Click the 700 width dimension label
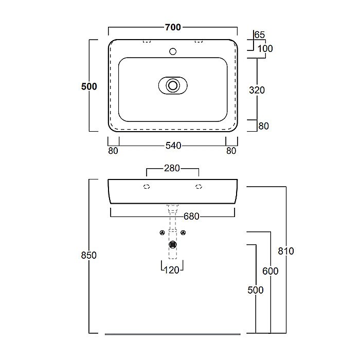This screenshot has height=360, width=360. (x=173, y=27)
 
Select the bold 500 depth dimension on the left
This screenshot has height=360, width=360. (x=89, y=86)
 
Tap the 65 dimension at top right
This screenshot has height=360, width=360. (x=260, y=35)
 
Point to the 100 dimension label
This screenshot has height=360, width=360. (x=265, y=49)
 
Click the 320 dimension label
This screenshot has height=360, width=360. (x=257, y=90)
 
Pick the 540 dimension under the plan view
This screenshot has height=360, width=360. (x=173, y=146)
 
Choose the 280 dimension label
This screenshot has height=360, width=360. (x=172, y=168)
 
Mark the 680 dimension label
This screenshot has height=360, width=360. (x=191, y=217)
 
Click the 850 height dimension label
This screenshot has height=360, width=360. (x=89, y=255)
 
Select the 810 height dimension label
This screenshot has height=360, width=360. (x=286, y=251)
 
